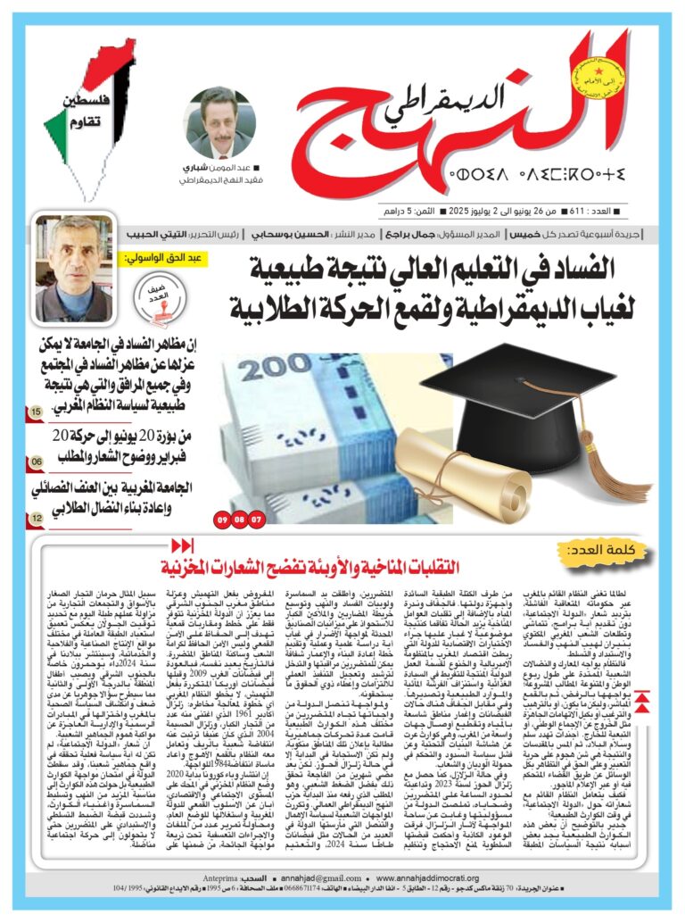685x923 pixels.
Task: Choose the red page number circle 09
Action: tap(221, 518)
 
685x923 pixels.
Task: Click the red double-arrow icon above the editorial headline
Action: tap(182, 545)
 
